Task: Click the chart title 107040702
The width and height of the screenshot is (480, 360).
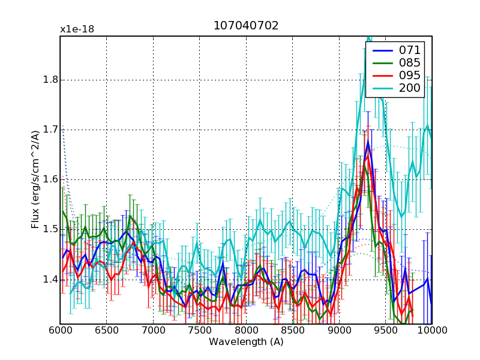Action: [246, 26]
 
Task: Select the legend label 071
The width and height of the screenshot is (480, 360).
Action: [410, 50]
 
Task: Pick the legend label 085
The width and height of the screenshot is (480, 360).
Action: [410, 62]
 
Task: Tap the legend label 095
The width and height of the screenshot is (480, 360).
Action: [410, 75]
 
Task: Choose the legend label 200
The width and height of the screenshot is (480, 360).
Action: [410, 88]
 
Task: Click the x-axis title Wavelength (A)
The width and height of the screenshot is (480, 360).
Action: [246, 342]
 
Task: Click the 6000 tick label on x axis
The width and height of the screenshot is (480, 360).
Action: [60, 331]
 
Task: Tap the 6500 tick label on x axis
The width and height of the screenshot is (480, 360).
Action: [107, 331]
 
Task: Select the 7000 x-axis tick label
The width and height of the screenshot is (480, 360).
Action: [153, 331]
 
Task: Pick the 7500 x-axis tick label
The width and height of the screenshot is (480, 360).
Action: [200, 331]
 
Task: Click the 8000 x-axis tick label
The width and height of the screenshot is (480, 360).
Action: [246, 331]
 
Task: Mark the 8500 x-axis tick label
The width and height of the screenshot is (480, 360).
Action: [293, 331]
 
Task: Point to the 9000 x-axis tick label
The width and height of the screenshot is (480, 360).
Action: [339, 331]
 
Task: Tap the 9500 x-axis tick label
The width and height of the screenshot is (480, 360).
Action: [386, 331]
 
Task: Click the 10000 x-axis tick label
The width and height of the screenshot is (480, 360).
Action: [431, 331]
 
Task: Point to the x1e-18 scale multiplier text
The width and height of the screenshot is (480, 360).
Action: [77, 29]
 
